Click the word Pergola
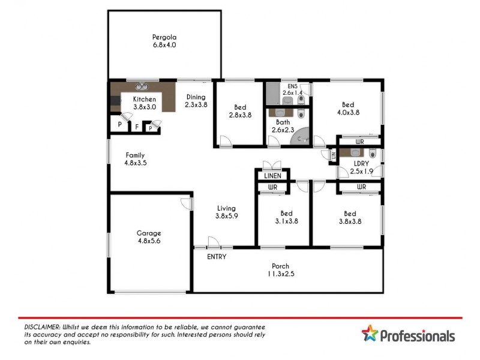point(164,37)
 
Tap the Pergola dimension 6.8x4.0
point(164,44)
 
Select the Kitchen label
point(144,99)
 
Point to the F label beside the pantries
point(136,127)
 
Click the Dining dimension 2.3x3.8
point(196,105)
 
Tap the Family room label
point(135,155)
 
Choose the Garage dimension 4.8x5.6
point(148,241)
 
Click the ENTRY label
point(217,257)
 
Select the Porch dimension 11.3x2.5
point(281,274)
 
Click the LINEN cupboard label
point(273,176)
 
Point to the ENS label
point(292,86)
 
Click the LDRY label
point(361,163)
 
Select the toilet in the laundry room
point(373,154)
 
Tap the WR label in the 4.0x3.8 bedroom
point(360,142)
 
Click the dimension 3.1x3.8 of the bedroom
point(286,221)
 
